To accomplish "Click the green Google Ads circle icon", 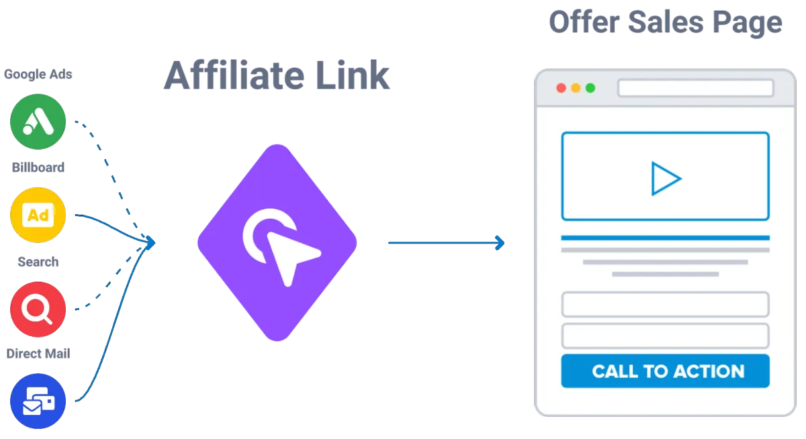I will (38, 122).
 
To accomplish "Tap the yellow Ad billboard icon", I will (38, 215).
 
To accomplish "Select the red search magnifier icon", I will (38, 309).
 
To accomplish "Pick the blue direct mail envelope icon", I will (38, 402).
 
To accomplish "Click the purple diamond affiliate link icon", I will (277, 242).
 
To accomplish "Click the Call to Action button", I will (665, 371).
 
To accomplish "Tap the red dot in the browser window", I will (561, 88).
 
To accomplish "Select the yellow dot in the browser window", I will (576, 88).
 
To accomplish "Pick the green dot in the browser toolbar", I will (590, 88).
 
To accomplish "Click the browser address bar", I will (695, 88).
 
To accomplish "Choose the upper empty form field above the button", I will (665, 304).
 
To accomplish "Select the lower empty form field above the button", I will (665, 335).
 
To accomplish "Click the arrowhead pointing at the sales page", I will (500, 243).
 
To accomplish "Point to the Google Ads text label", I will (38, 74).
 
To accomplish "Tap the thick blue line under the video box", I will (665, 238).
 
